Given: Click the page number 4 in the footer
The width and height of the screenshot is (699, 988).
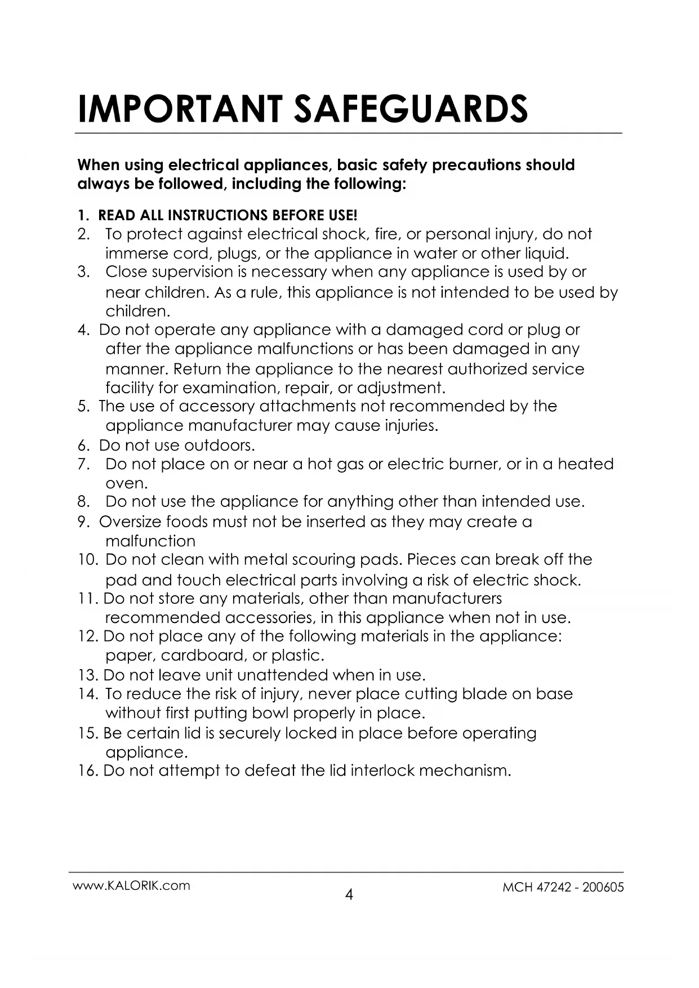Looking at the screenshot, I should click(349, 894).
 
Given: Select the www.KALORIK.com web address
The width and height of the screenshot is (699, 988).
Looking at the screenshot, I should click(131, 885).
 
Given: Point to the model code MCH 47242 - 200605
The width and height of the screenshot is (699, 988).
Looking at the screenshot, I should click(563, 887).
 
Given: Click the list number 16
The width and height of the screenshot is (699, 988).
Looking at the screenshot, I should click(88, 771).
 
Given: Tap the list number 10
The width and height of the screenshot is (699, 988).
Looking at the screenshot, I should click(88, 560).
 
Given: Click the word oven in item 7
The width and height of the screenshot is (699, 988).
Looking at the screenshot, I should click(125, 484).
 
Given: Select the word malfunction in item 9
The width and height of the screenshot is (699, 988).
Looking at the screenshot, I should click(150, 541).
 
